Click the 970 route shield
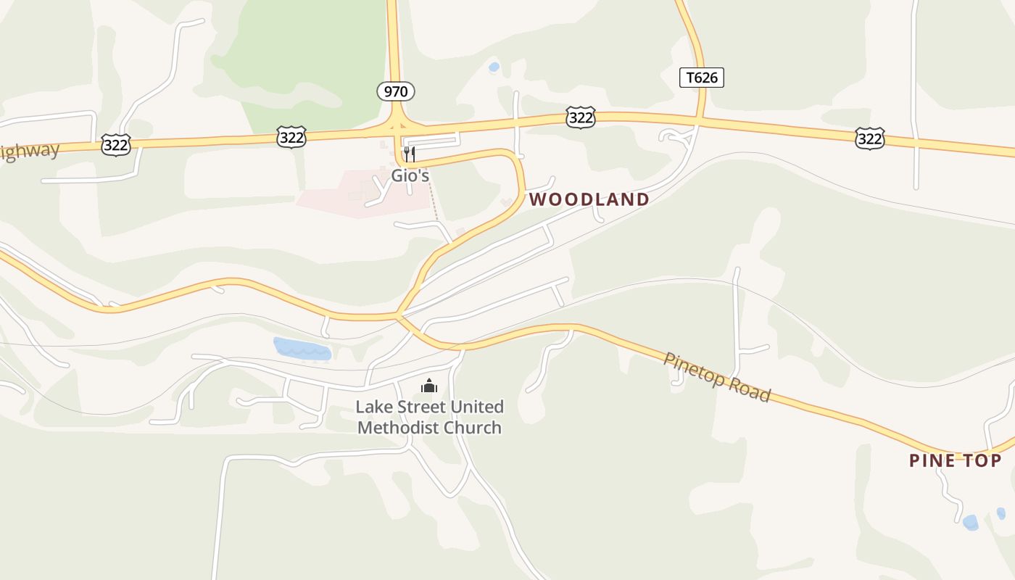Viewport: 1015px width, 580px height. point(396,91)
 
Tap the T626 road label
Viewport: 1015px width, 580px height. point(702,78)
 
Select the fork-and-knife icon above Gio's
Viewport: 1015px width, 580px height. point(410,154)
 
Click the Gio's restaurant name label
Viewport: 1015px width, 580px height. point(410,175)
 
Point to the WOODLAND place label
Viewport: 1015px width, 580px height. point(589,199)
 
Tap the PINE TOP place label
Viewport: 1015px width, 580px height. point(956,460)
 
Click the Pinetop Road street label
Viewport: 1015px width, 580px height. point(717,377)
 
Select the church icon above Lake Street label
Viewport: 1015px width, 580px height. point(429,385)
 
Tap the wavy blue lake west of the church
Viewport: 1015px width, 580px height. point(302,349)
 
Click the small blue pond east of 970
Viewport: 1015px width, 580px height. point(494,67)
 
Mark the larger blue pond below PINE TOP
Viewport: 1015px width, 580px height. point(969,522)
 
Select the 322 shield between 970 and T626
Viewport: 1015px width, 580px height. point(581,117)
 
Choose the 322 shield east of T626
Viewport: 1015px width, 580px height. point(869,138)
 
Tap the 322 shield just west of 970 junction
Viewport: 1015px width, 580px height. point(291,136)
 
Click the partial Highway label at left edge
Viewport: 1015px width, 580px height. point(29,152)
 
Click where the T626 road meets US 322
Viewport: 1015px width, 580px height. point(699,118)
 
